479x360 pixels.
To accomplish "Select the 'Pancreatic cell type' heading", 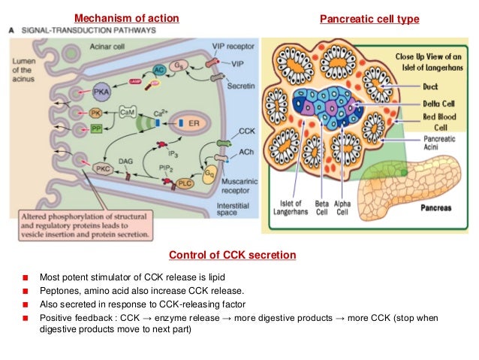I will (x=369, y=17).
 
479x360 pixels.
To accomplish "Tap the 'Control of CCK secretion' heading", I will (x=232, y=256).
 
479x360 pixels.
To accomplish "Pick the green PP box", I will (x=96, y=129).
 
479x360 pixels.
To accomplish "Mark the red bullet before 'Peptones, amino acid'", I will (x=26, y=290).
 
